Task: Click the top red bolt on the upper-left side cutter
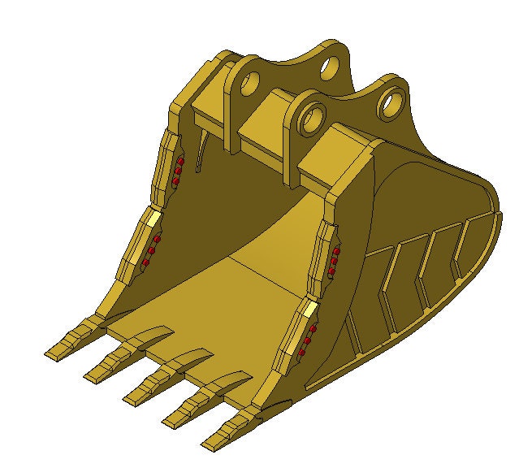(x=182, y=163)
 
